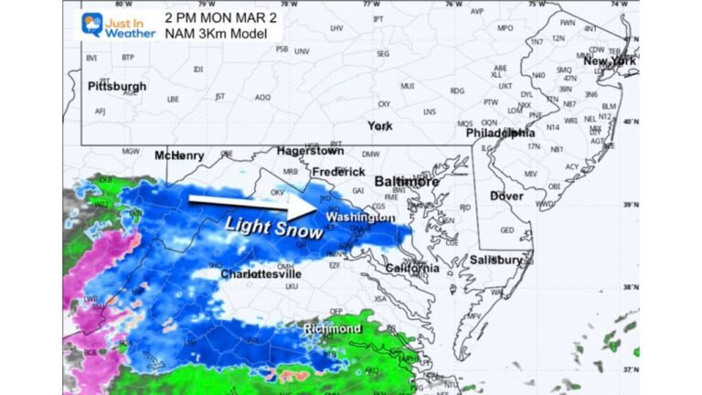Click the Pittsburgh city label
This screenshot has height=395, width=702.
117,86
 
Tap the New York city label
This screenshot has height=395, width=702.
610,61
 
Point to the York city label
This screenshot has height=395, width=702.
379,125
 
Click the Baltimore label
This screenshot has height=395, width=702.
409,182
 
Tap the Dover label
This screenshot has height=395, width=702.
506,196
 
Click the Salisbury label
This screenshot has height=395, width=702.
496,260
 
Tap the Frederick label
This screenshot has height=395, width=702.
337,171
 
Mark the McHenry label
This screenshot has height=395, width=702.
178,155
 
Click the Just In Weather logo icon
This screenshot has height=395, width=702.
92,24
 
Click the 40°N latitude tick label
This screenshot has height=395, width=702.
631,120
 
